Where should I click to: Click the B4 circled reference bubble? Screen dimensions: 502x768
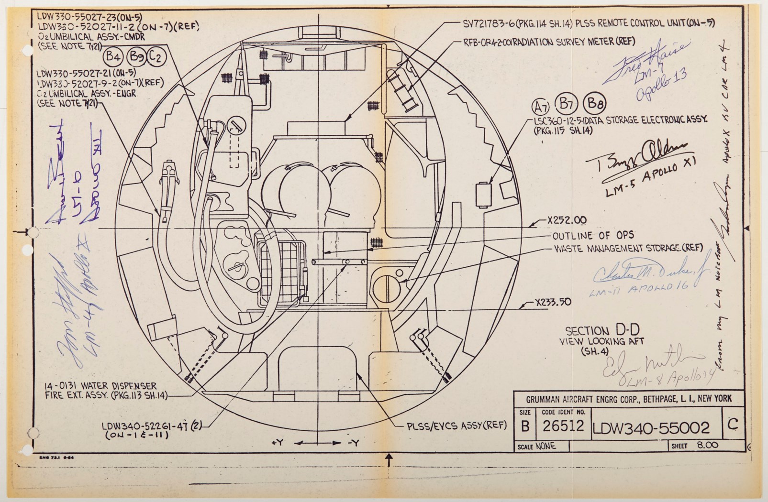pyautogui.click(x=113, y=57)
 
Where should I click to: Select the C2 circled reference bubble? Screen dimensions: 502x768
pyautogui.click(x=156, y=57)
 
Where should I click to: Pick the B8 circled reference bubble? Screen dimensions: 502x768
pyautogui.click(x=595, y=103)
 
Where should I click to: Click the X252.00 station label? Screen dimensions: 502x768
pyautogui.click(x=567, y=220)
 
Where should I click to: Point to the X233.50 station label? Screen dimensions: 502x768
pyautogui.click(x=553, y=302)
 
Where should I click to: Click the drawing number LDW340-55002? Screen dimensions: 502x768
pyautogui.click(x=651, y=427)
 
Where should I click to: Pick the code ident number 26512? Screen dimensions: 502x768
pyautogui.click(x=563, y=426)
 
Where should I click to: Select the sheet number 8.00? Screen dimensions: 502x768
pyautogui.click(x=707, y=445)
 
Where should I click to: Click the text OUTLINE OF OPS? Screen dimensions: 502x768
pyautogui.click(x=593, y=235)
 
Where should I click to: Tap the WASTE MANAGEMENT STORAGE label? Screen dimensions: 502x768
pyautogui.click(x=628, y=248)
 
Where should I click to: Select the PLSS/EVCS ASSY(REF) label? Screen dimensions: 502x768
pyautogui.click(x=456, y=426)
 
